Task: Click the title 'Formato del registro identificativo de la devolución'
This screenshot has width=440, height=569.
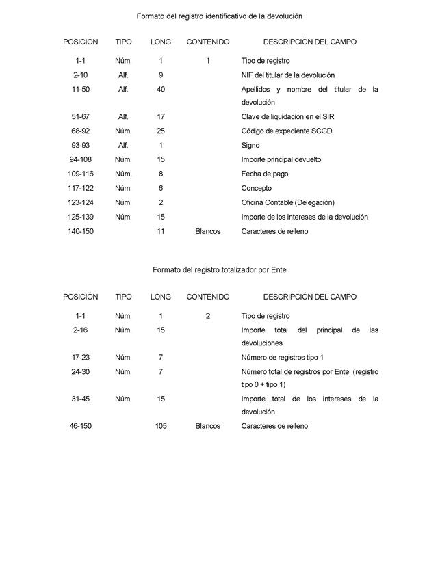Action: pos(219,15)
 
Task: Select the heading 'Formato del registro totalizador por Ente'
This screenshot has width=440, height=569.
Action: pos(219,270)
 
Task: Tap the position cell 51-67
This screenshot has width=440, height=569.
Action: pos(81,117)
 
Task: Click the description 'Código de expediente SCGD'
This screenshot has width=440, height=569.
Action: pos(287,131)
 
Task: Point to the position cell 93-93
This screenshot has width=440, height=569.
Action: pos(81,146)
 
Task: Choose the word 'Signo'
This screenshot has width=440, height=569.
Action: pos(250,146)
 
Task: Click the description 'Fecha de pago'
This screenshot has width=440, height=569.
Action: pos(265,174)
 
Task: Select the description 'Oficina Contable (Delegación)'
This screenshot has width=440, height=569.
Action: pos(288,203)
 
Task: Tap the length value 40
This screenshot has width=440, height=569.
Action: pos(161,90)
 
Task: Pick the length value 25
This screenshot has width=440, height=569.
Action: pos(161,131)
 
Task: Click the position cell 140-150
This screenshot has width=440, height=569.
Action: pos(81,232)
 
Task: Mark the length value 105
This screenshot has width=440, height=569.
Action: pos(161,427)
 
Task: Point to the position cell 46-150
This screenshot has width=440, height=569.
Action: pos(81,427)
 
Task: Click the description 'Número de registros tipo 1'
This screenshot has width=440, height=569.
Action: pos(283,358)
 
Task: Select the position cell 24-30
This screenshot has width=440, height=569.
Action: pos(81,372)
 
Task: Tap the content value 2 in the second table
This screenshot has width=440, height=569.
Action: pos(208,317)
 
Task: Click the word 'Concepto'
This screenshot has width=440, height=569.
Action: pos(257,189)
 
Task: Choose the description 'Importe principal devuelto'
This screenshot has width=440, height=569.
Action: pos(281,160)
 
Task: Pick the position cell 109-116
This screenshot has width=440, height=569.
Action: pos(81,174)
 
